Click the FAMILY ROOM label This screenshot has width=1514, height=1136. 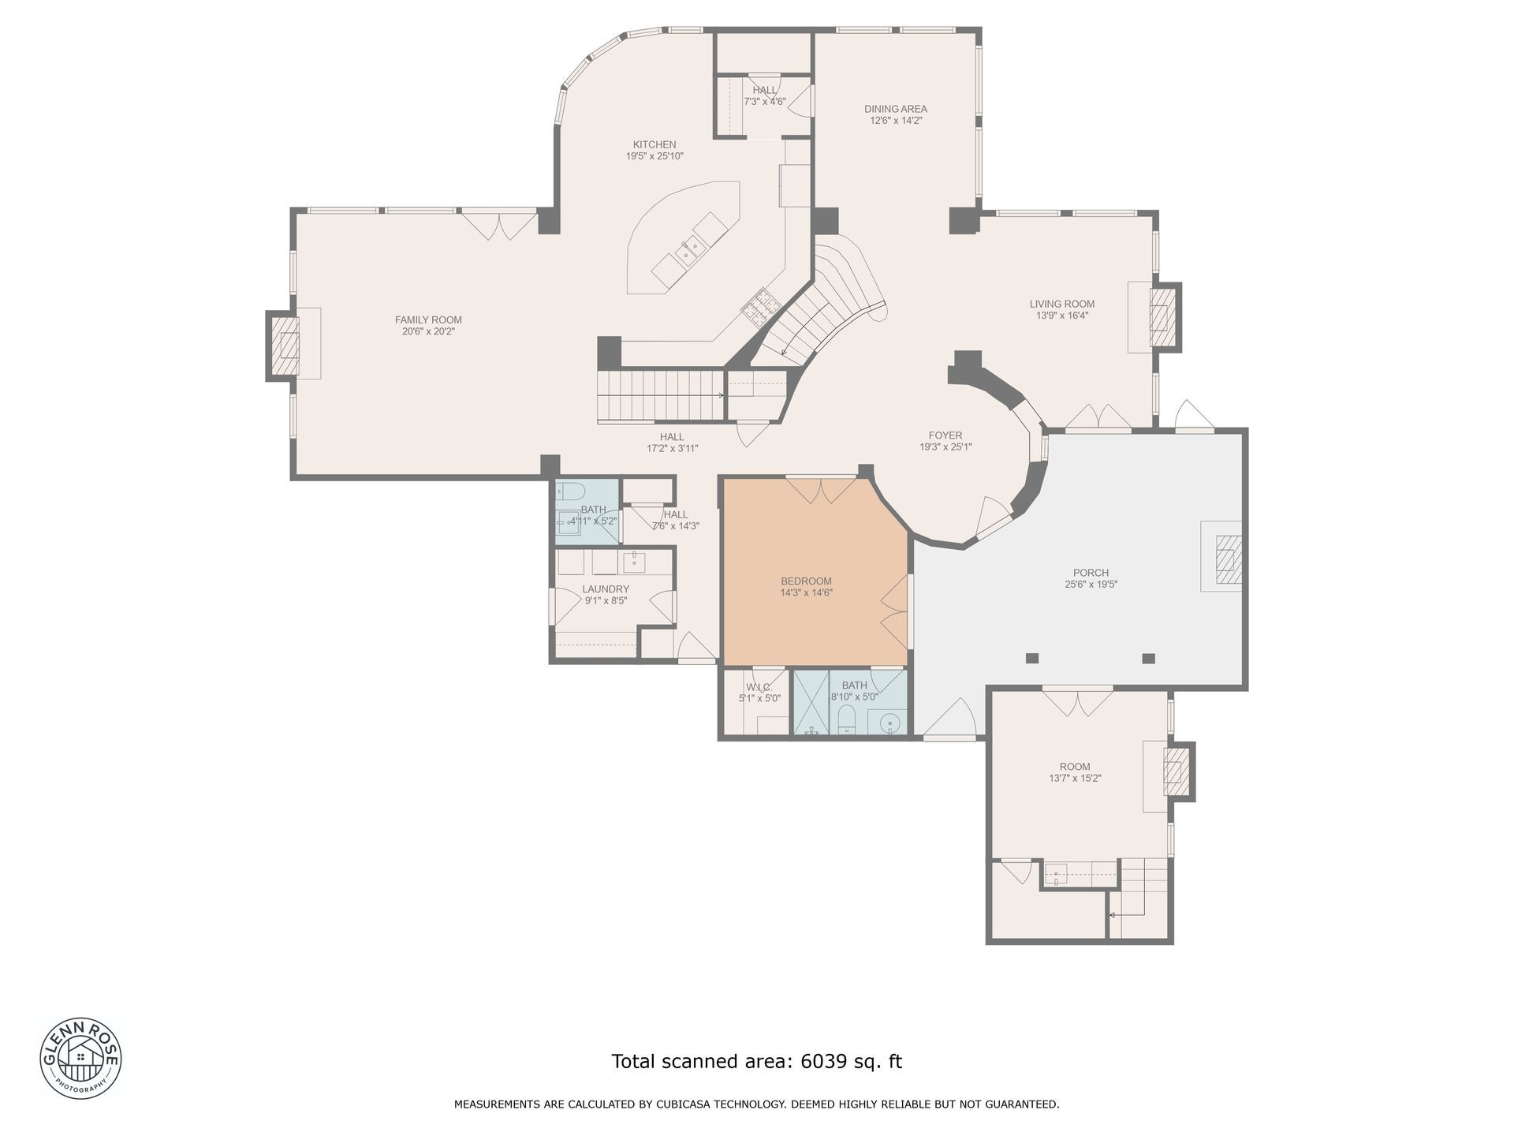[x=428, y=319]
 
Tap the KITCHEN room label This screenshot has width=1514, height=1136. [x=654, y=144]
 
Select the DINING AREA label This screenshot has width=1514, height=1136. [x=896, y=109]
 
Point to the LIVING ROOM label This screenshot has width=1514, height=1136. [x=1062, y=304]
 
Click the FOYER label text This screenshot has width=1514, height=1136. [x=945, y=435]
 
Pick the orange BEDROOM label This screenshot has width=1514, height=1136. [x=807, y=581]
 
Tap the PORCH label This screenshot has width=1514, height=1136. [x=1091, y=573]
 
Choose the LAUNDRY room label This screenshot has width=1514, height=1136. [x=606, y=589]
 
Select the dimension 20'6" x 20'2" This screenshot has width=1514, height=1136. [x=428, y=331]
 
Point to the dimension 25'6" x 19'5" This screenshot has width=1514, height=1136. [x=1091, y=585]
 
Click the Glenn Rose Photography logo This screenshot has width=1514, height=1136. [x=80, y=1057]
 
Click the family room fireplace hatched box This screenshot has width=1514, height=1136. [x=285, y=346]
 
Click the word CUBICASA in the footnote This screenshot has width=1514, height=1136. [x=684, y=1104]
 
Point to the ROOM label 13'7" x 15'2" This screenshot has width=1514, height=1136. [x=1075, y=766]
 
